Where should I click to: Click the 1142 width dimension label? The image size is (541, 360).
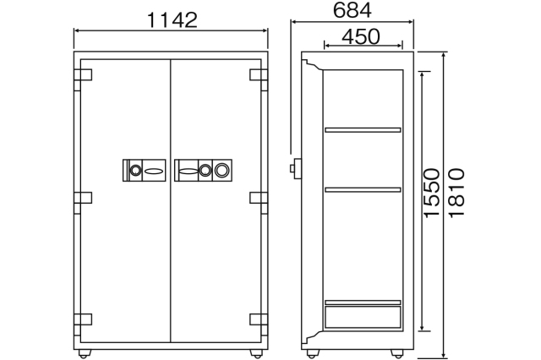(172, 20)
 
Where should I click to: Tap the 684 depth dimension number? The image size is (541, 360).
(352, 10)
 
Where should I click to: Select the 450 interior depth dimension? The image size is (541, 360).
(361, 36)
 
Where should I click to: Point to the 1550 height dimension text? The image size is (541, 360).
(432, 193)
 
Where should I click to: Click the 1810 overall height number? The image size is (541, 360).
(456, 193)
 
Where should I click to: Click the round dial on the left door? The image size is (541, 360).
(135, 170)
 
